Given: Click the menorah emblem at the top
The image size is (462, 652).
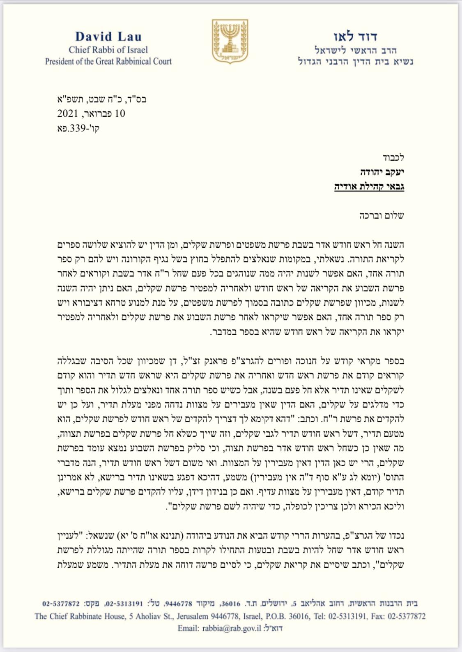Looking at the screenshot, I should pyautogui.click(x=230, y=41).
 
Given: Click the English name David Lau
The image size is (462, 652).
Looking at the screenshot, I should pyautogui.click(x=108, y=37).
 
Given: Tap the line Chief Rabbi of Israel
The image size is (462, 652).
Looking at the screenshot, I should pyautogui.click(x=108, y=50).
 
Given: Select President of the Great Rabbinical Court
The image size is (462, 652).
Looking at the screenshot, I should pyautogui.click(x=108, y=62).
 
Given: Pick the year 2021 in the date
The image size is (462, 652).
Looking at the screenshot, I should pyautogui.click(x=68, y=113).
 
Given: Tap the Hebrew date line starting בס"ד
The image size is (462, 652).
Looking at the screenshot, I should pyautogui.click(x=101, y=99).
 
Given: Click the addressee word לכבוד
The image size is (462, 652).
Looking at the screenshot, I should pyautogui.click(x=393, y=157).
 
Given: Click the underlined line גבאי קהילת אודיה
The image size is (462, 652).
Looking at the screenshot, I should pyautogui.click(x=369, y=187).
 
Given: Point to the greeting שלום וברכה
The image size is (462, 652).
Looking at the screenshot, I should pyautogui.click(x=382, y=215).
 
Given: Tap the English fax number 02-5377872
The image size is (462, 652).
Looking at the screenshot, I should pyautogui.click(x=407, y=616).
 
